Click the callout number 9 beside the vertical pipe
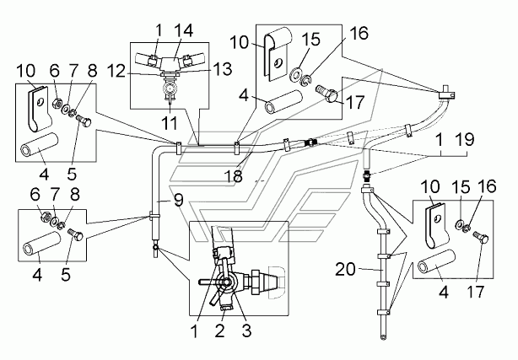coord(178,200)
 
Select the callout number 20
coord(346,269)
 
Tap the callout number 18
coord(233,176)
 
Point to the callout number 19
coord(465,140)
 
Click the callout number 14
coord(183,30)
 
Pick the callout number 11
coord(170,123)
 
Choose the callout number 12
coord(116,71)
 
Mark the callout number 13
coord(223,69)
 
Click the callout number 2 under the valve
coord(219,330)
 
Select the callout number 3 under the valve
coord(247,330)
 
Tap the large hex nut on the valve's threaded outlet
coord(256,282)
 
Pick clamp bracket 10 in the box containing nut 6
coord(38,110)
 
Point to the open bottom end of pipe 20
coord(383,337)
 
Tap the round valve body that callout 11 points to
coord(170,89)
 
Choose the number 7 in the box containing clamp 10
coord(73,71)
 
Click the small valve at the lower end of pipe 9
coord(155,250)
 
